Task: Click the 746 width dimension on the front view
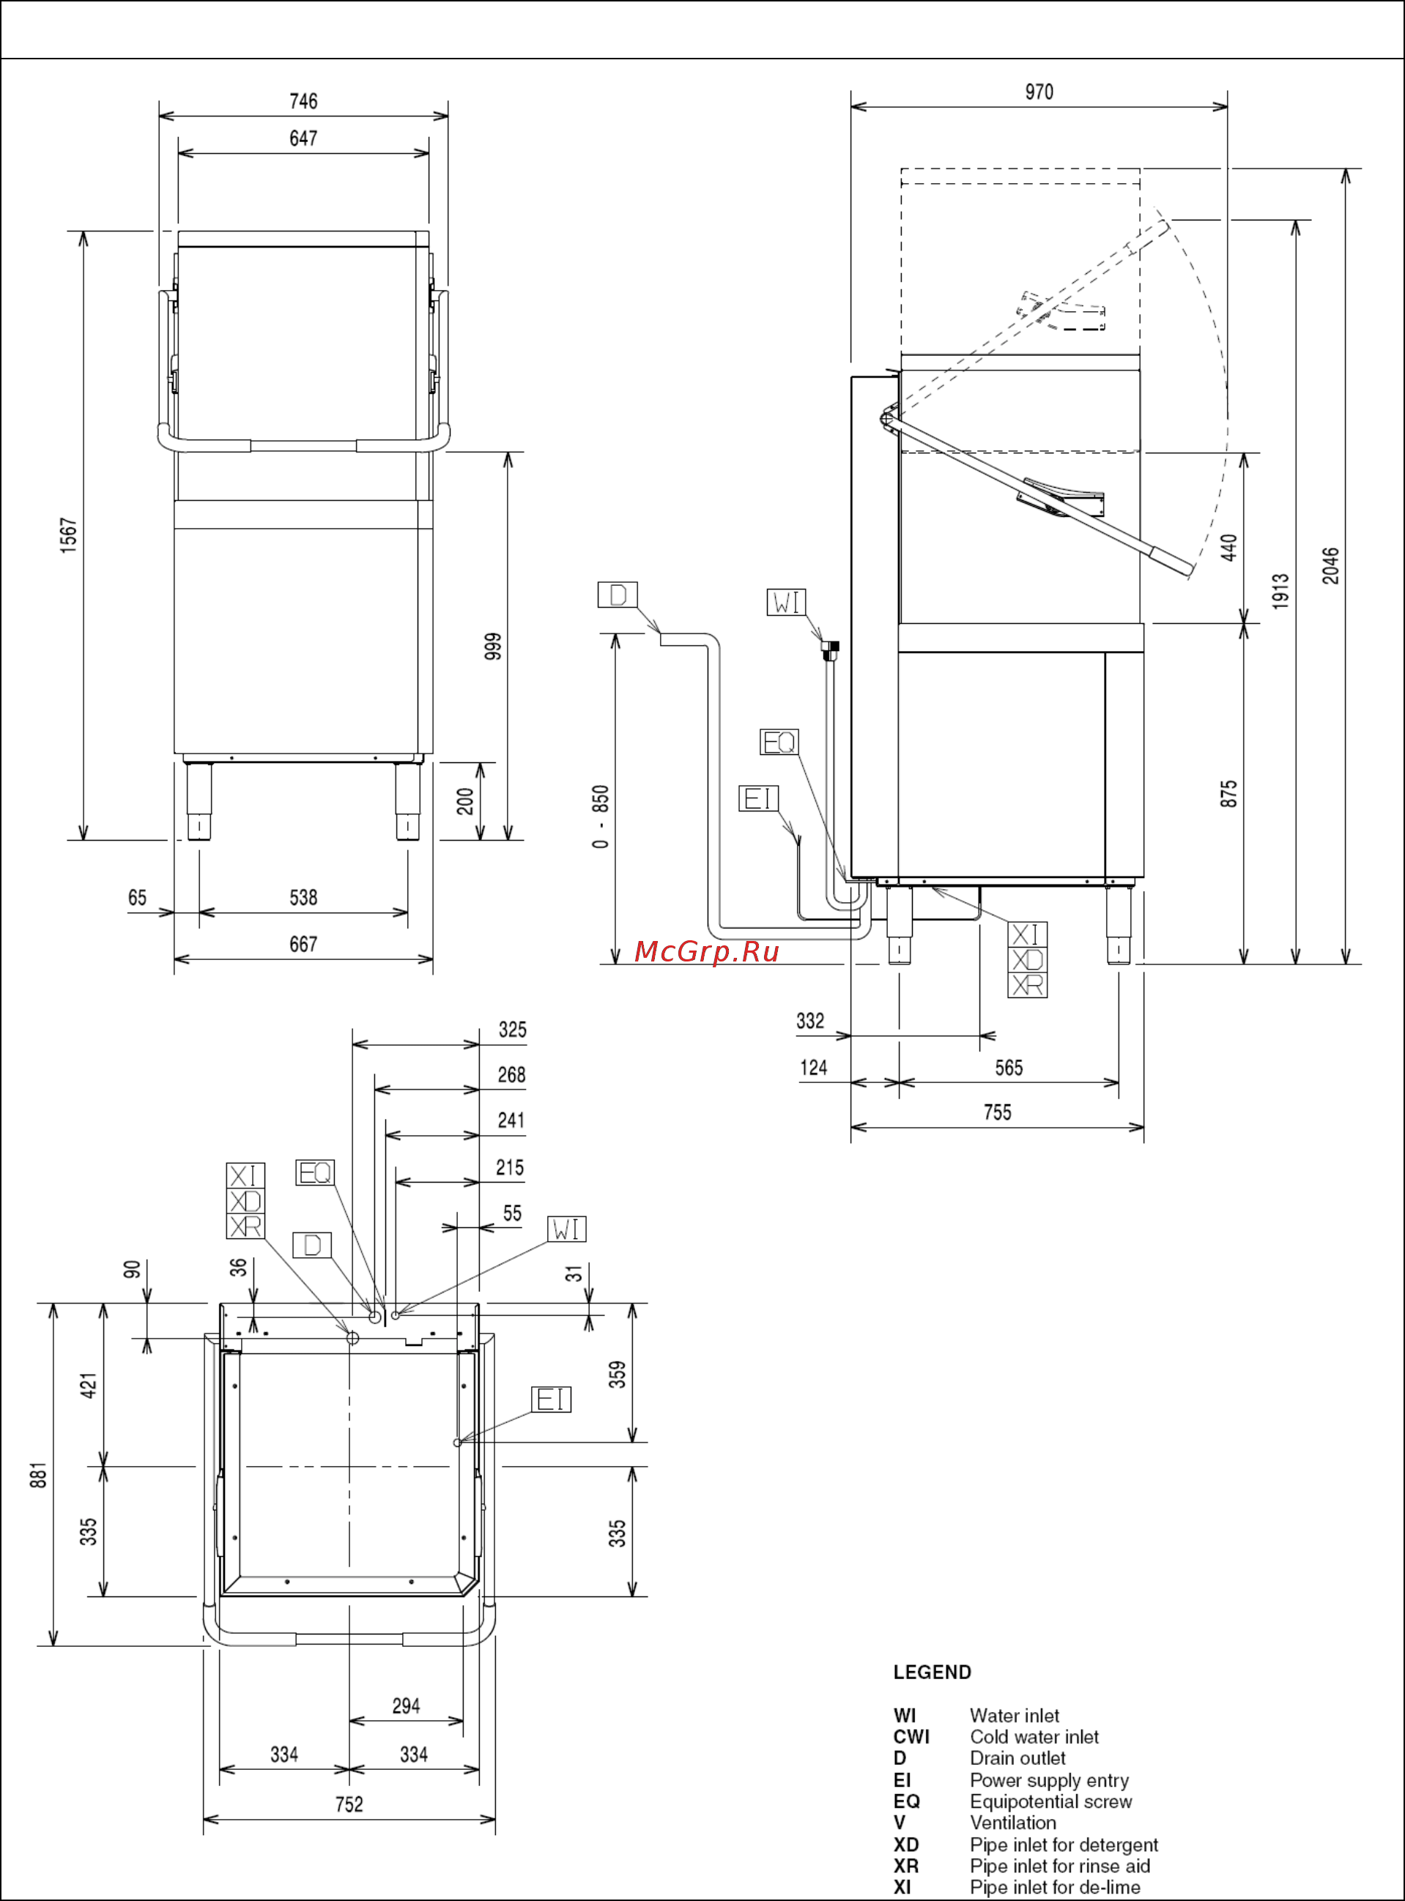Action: click(x=303, y=101)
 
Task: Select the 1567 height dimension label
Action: click(x=69, y=535)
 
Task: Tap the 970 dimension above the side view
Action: click(x=1039, y=92)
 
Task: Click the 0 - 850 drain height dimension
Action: click(x=601, y=816)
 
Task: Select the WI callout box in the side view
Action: click(x=786, y=602)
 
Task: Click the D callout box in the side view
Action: click(x=618, y=595)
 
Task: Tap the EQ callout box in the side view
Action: click(x=779, y=743)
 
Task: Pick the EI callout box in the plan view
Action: click(x=551, y=1399)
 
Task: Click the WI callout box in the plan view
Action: click(x=566, y=1229)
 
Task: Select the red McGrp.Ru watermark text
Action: click(x=707, y=951)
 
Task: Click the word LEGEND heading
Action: click(x=932, y=1673)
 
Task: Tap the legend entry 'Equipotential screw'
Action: click(x=1050, y=1801)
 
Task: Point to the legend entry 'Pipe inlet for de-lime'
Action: click(x=1055, y=1887)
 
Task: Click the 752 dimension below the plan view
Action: click(x=349, y=1804)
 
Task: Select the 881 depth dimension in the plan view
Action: click(x=38, y=1475)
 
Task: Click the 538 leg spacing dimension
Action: click(x=303, y=898)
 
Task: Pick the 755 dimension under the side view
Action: click(x=997, y=1113)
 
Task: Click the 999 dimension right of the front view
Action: click(x=493, y=646)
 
